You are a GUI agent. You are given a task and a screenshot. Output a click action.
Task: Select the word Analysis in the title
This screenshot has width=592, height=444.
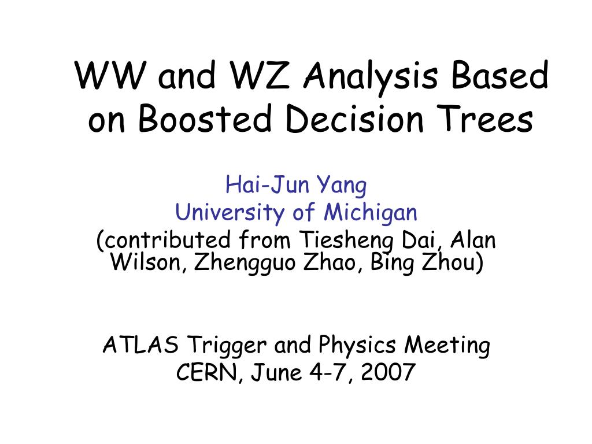click(x=371, y=77)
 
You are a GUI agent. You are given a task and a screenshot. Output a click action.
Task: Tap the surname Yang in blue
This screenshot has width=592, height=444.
click(x=342, y=187)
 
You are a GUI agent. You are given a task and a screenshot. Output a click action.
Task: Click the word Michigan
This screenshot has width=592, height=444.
click(x=371, y=213)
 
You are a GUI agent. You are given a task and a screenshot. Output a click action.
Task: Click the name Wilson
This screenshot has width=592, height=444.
click(x=146, y=262)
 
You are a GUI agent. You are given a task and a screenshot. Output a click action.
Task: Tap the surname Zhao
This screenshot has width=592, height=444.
click(x=329, y=262)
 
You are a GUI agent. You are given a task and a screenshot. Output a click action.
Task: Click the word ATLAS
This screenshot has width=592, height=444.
click(x=140, y=345)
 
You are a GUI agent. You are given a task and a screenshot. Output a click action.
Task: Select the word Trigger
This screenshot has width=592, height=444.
click(x=227, y=346)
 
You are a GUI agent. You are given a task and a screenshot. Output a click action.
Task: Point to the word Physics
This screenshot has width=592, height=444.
click(x=357, y=346)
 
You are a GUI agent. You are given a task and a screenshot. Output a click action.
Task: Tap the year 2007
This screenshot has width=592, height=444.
click(x=388, y=372)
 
